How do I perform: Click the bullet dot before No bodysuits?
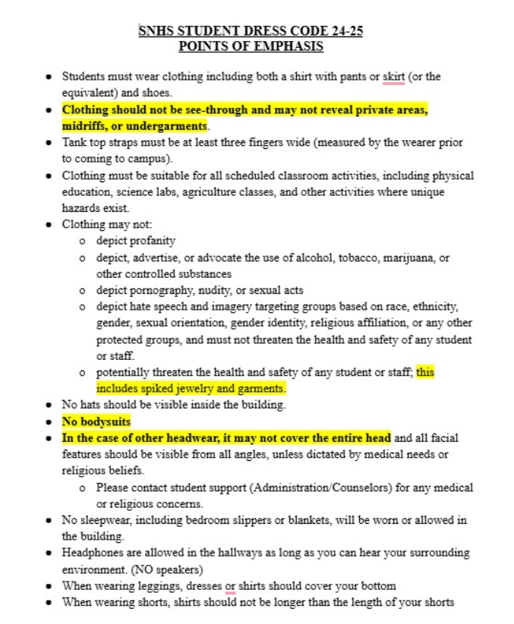tap(49, 422)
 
